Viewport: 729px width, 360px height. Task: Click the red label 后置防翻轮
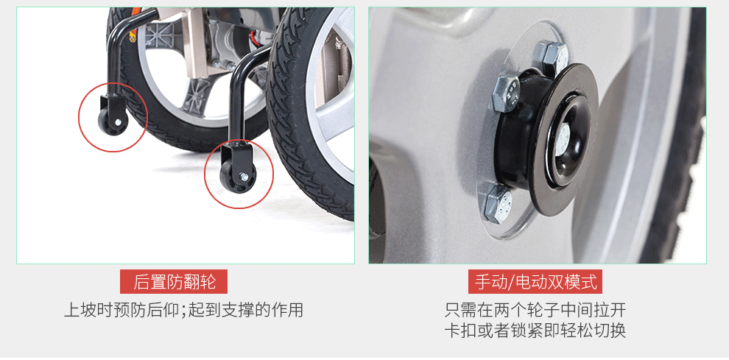coord(174,281)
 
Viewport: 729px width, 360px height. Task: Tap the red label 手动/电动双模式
coord(535,281)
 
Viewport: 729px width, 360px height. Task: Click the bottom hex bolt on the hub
coord(499,204)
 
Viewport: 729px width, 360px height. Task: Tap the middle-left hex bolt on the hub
coord(505,93)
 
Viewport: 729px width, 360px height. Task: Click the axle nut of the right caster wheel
coord(243,176)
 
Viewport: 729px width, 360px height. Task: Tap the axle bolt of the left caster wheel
coord(119,122)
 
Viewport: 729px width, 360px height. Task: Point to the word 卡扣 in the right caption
coord(461,330)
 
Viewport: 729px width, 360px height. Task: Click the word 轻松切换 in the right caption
coord(593,330)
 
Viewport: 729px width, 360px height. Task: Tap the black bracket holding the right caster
coord(239,153)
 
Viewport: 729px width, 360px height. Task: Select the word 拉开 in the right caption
coord(610,309)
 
